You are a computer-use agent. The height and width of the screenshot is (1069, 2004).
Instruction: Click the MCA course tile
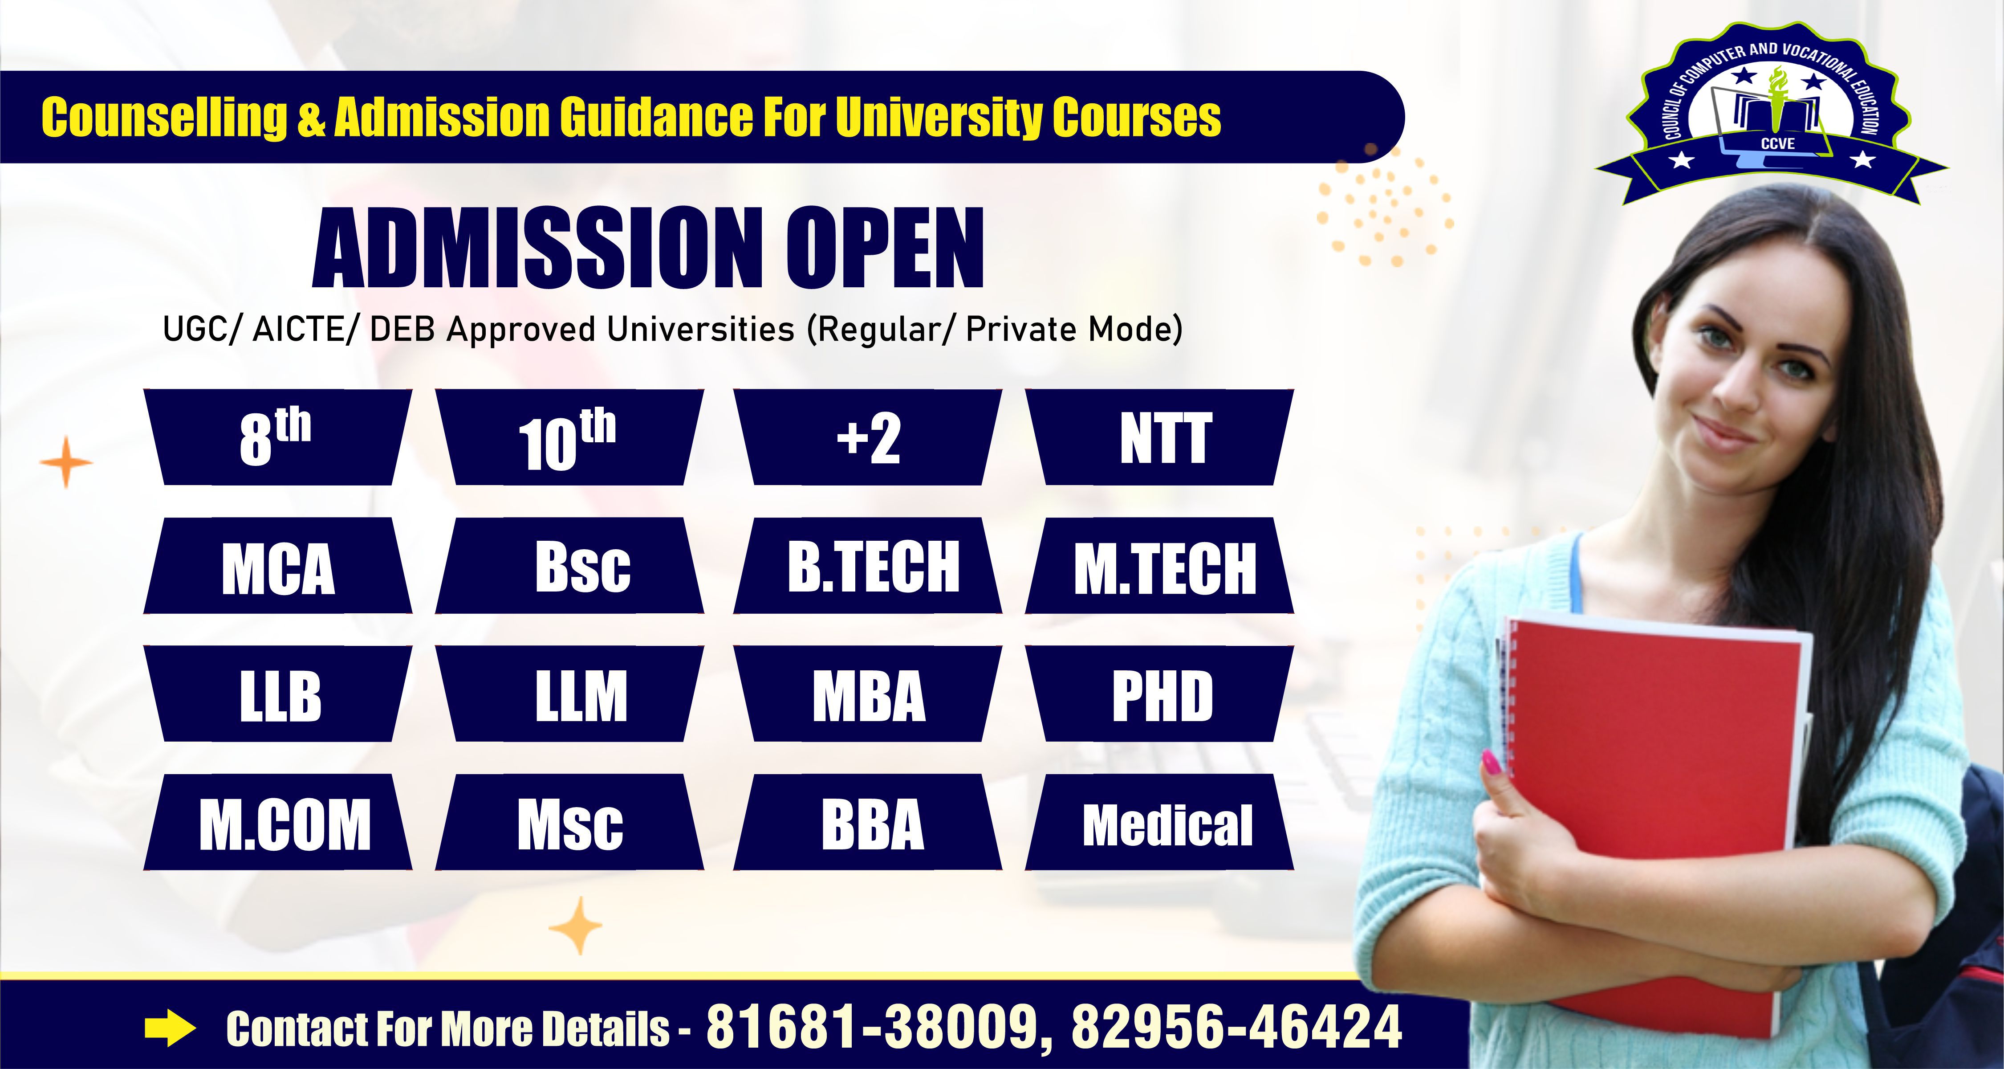pos(278,566)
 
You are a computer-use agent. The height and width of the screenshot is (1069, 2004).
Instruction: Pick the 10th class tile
pos(569,438)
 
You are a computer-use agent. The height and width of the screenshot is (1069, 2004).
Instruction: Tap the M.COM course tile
pos(278,822)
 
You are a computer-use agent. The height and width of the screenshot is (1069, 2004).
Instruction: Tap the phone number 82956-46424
pos(1236,1027)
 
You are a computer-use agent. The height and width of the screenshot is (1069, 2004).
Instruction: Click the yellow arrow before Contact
pos(170,1028)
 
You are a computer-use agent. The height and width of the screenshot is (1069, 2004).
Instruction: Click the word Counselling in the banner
pos(165,118)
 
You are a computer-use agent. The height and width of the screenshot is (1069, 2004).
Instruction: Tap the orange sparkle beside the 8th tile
pos(66,463)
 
